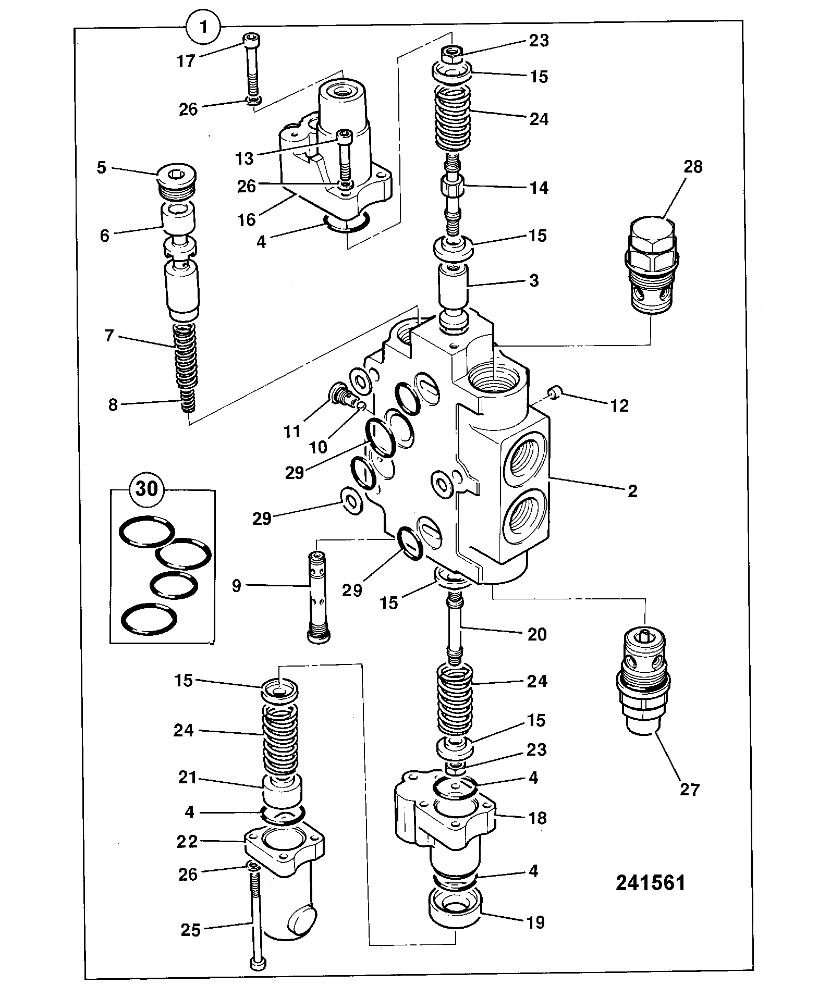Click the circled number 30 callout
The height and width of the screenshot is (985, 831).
[x=146, y=489]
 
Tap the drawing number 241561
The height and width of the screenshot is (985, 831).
[x=650, y=883]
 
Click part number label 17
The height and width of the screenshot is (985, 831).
[x=186, y=61]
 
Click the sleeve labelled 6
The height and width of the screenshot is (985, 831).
[x=178, y=219]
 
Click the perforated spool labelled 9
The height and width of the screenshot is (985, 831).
[x=319, y=598]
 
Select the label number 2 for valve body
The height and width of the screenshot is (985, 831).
[x=632, y=491]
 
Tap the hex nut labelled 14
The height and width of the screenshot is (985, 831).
[x=451, y=186]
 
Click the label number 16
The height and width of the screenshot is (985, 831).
[x=247, y=219]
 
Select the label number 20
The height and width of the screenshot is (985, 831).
[x=537, y=634]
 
